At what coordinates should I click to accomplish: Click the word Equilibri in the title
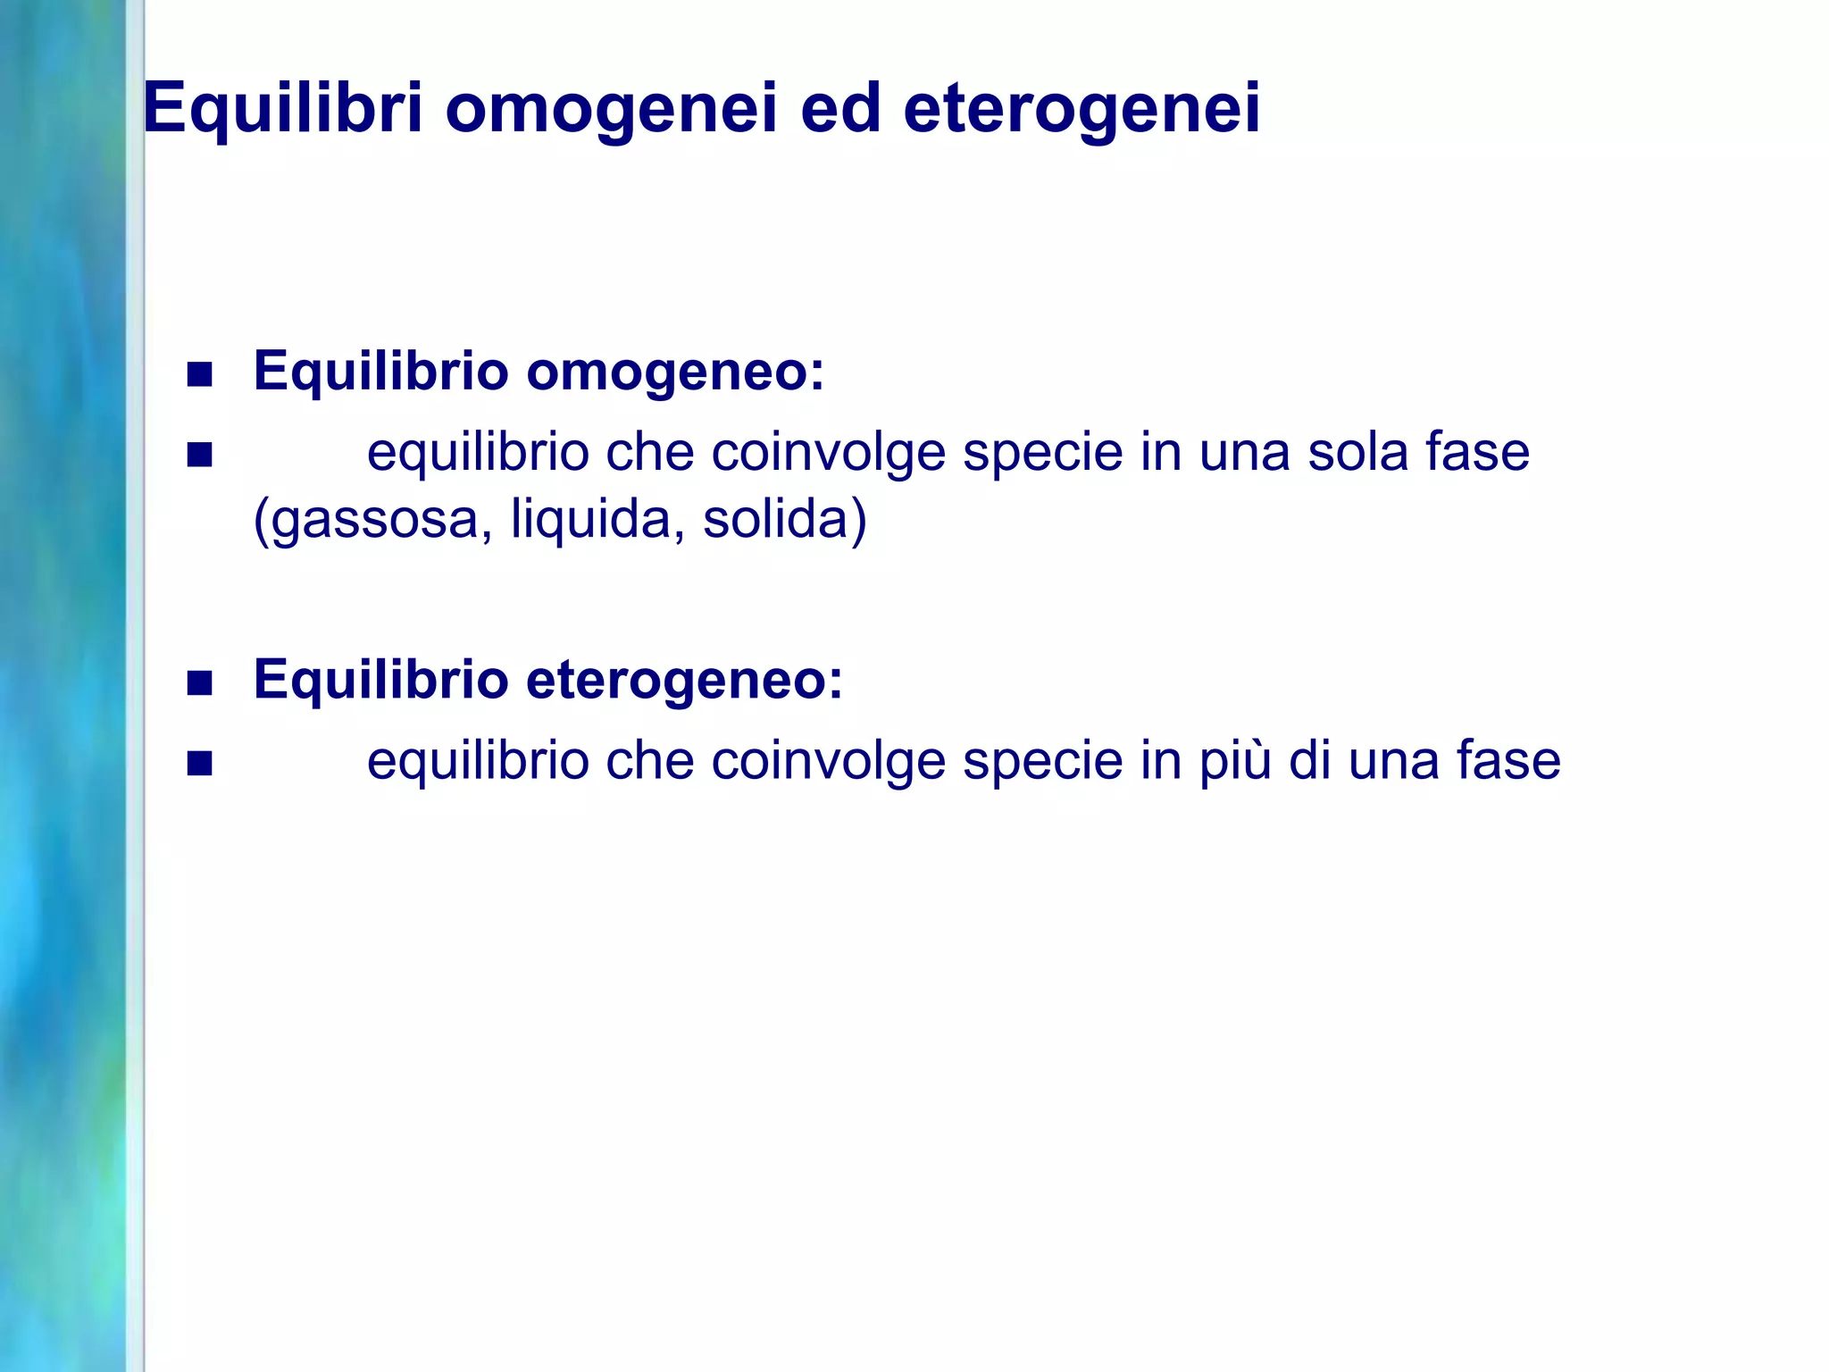click(282, 109)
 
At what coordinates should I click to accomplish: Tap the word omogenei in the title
click(611, 109)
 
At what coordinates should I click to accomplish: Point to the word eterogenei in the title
click(1082, 109)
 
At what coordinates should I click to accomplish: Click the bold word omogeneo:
click(675, 372)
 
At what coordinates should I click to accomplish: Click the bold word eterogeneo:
click(684, 680)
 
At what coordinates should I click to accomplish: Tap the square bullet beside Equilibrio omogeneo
click(200, 374)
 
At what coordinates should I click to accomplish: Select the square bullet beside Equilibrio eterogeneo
click(200, 683)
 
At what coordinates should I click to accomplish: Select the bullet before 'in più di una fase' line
click(200, 764)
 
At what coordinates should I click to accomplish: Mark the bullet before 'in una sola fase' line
click(200, 456)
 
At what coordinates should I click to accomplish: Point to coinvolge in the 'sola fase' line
click(829, 454)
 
